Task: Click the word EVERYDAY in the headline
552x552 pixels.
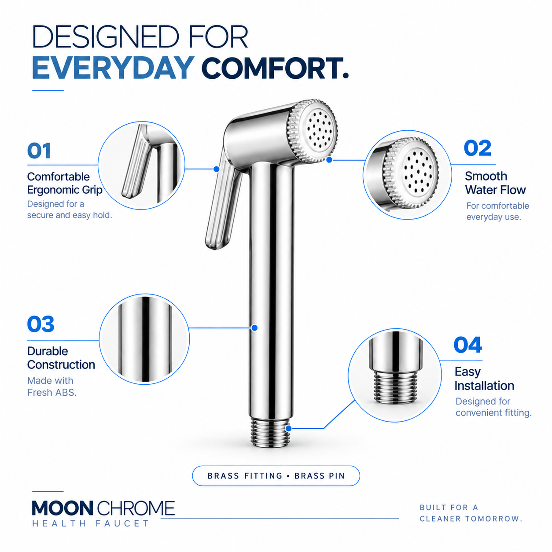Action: (x=113, y=68)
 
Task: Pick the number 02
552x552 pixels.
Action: (x=477, y=148)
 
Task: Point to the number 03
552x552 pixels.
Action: (x=40, y=324)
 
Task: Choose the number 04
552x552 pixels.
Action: (x=467, y=345)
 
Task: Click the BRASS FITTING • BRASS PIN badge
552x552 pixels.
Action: (x=276, y=476)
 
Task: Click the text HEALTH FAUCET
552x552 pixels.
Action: (x=90, y=524)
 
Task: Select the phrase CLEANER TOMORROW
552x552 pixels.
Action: (x=471, y=519)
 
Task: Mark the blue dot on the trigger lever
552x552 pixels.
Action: (x=217, y=169)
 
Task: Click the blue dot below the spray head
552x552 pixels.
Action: (x=329, y=160)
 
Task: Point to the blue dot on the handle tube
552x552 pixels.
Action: (x=254, y=328)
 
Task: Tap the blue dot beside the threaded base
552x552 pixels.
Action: (x=289, y=428)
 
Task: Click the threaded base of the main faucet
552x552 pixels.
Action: (x=270, y=433)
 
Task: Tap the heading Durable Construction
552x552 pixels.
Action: (x=61, y=358)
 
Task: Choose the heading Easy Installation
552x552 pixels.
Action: (x=484, y=379)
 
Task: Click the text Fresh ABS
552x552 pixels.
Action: (x=52, y=393)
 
